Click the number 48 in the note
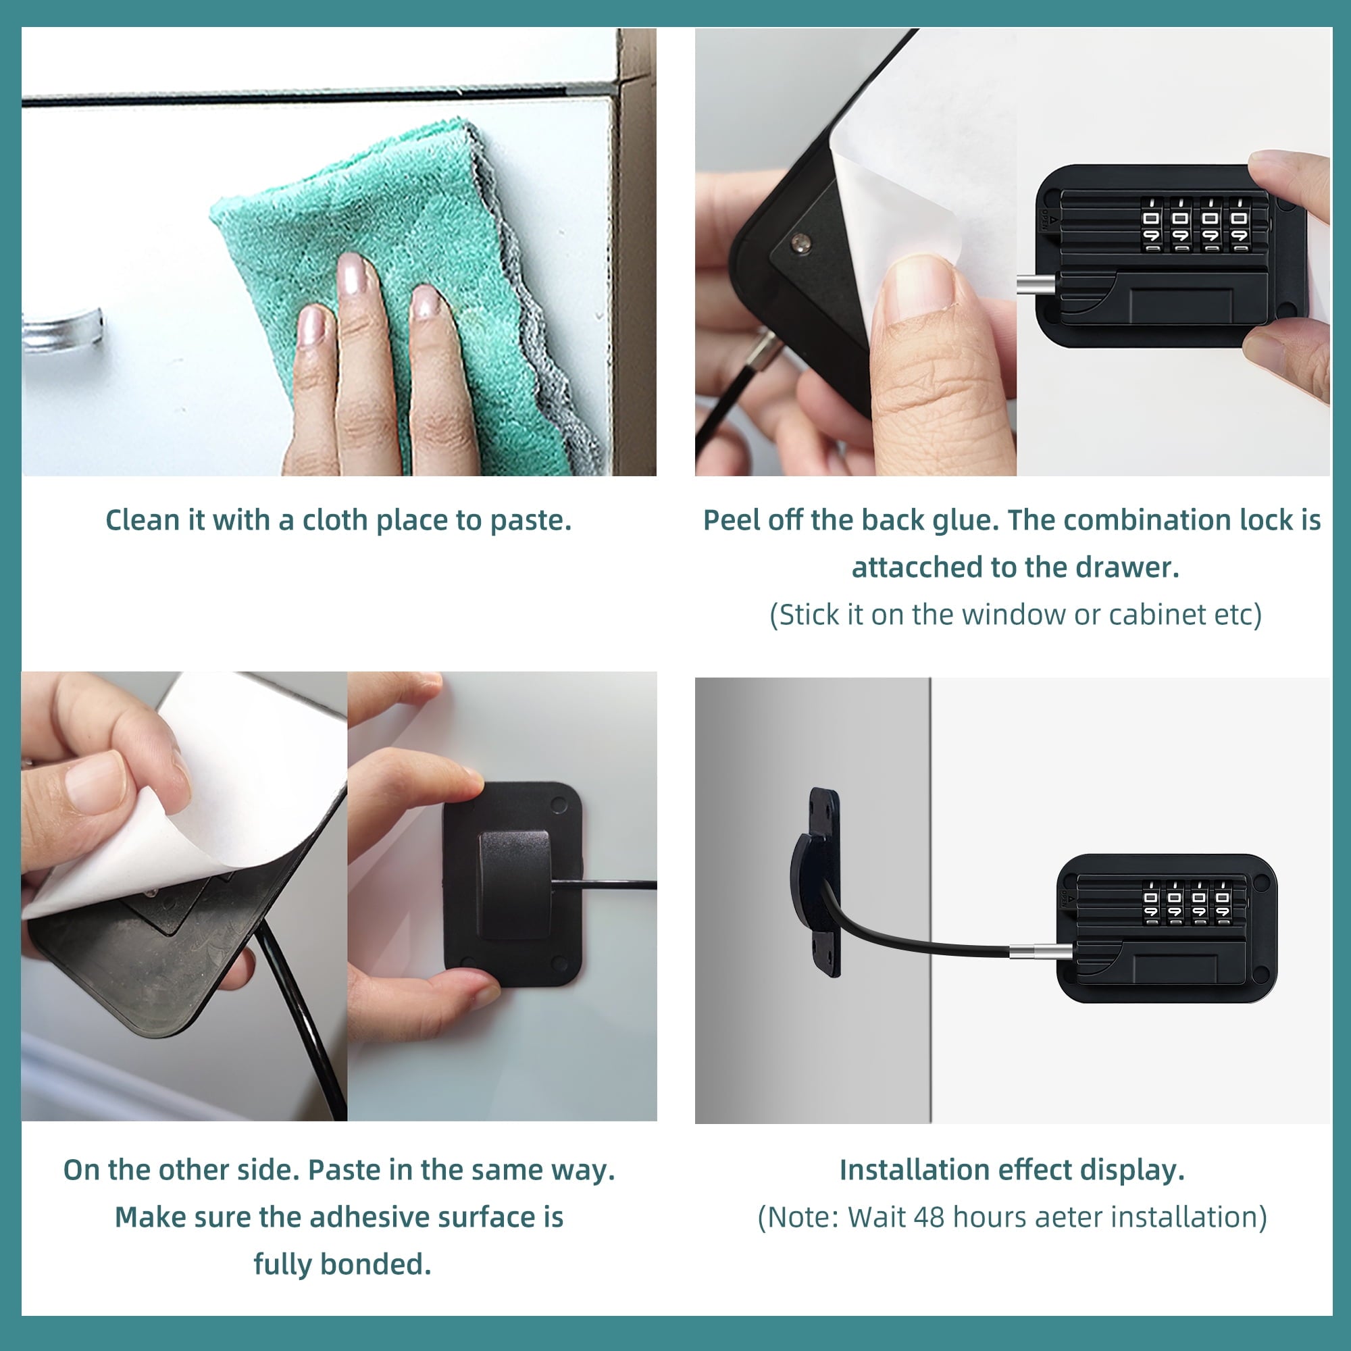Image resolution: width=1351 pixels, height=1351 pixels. (x=929, y=1217)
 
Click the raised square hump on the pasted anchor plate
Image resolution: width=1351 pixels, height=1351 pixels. (x=515, y=884)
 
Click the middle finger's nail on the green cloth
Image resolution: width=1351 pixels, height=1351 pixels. (x=353, y=273)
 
